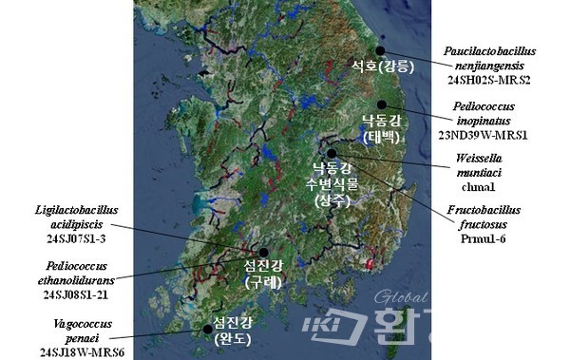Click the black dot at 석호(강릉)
(x=381, y=51)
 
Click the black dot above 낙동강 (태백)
(x=382, y=104)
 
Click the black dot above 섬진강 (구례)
(x=263, y=252)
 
